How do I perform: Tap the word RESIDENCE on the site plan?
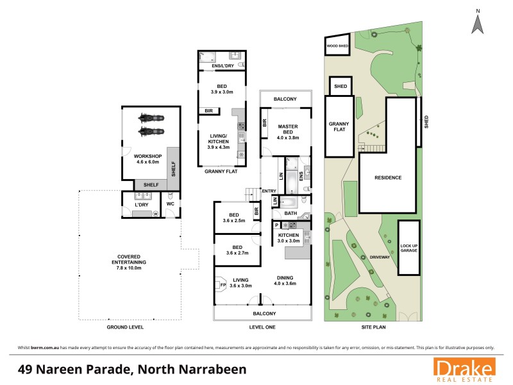(x=388, y=178)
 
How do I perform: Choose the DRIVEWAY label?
(x=380, y=257)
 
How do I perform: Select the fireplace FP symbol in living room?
(x=223, y=285)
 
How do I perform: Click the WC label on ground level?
(x=170, y=204)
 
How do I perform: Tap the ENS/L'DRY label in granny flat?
(x=221, y=65)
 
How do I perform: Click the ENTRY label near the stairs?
(x=269, y=190)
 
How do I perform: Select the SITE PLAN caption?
(x=374, y=327)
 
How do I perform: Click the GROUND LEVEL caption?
(x=125, y=327)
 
